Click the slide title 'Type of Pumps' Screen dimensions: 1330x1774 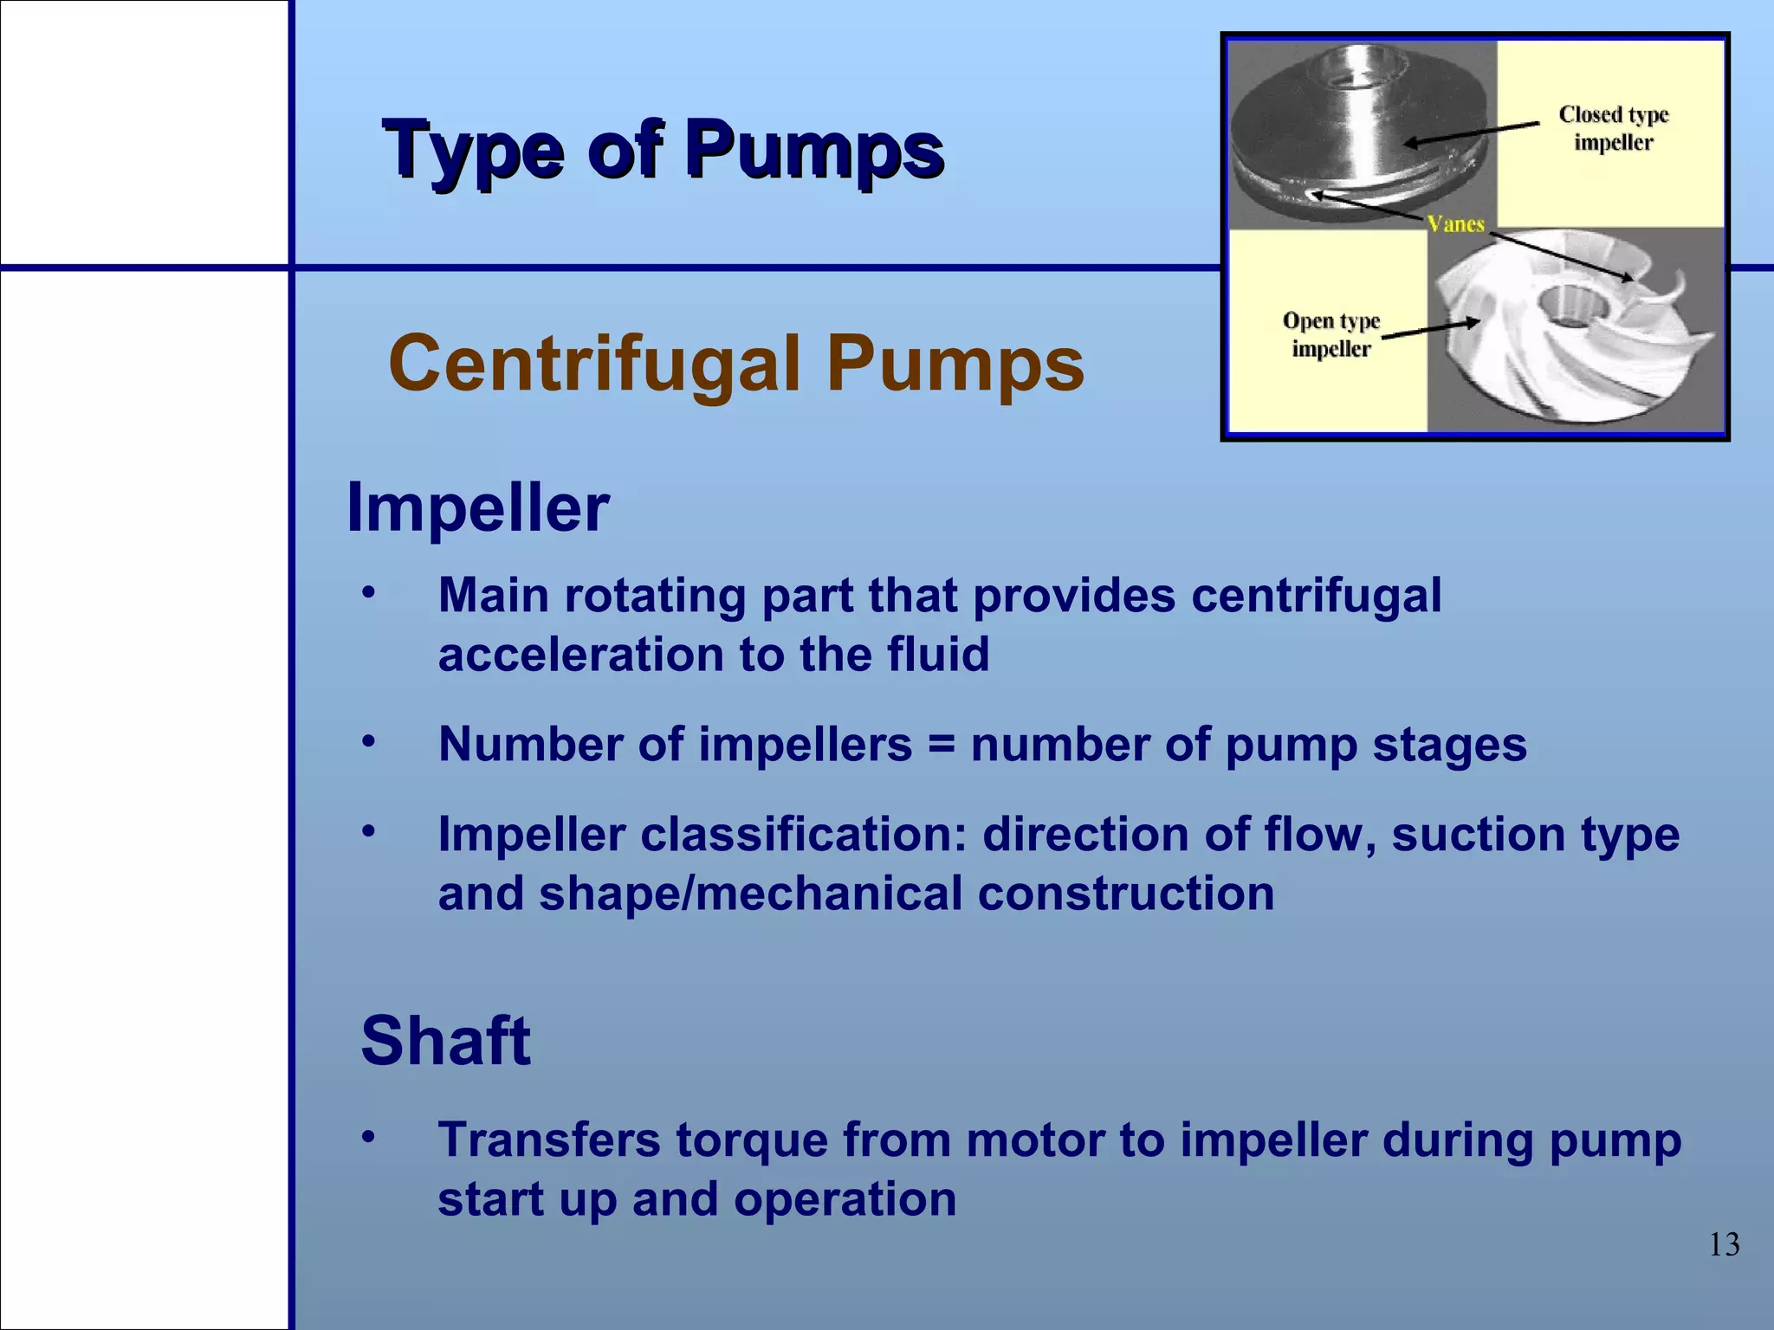[x=663, y=150]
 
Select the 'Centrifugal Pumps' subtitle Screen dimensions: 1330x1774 [x=735, y=364]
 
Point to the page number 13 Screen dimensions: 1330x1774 [x=1724, y=1244]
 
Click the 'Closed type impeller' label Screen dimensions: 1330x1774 [x=1613, y=128]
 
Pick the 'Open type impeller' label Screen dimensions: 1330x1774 [x=1330, y=334]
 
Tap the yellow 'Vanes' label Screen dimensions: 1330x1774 [x=1456, y=224]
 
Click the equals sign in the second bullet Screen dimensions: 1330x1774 [x=941, y=745]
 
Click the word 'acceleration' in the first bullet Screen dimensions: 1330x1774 [x=580, y=655]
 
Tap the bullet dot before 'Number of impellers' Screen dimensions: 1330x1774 [x=369, y=741]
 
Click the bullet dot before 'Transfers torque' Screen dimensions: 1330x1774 [x=369, y=1136]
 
